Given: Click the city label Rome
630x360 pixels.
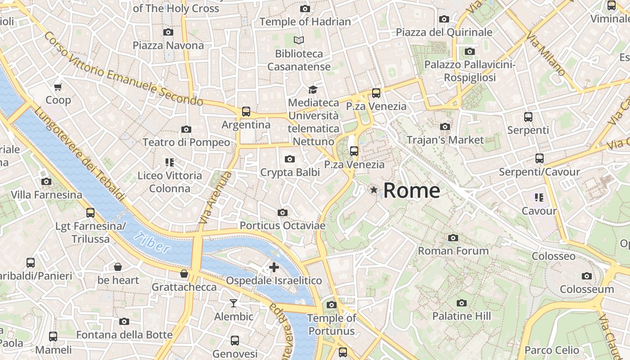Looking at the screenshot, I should coord(411,190).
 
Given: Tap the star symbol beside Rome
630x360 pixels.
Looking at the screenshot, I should coord(373,190).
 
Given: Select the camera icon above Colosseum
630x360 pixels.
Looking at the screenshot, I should coord(586,276).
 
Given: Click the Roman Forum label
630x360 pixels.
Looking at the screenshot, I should coord(453,251).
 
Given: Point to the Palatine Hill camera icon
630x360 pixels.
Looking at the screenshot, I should coord(461,303).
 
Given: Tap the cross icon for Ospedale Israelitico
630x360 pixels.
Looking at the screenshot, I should coord(274,267).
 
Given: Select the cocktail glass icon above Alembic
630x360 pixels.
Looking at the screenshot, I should coord(233,303).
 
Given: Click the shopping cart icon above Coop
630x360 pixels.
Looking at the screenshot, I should coord(58,87).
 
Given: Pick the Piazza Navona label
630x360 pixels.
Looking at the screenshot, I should coord(168,45).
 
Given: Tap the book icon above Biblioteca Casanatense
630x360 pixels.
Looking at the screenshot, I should coord(299,40).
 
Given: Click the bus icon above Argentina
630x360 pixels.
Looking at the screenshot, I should coord(246,111).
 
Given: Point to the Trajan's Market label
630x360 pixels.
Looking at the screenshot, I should coord(445,140).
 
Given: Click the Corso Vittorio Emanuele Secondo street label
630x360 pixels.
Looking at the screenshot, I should coord(124,70).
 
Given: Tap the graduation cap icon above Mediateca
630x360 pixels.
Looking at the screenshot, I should coord(313,90).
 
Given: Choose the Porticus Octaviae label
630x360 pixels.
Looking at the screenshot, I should coord(282,225).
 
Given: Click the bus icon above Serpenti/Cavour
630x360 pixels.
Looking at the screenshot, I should coord(539,158).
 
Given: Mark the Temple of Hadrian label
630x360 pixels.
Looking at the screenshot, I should coord(305,22).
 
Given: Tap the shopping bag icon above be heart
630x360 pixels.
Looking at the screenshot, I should coord(118,267).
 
